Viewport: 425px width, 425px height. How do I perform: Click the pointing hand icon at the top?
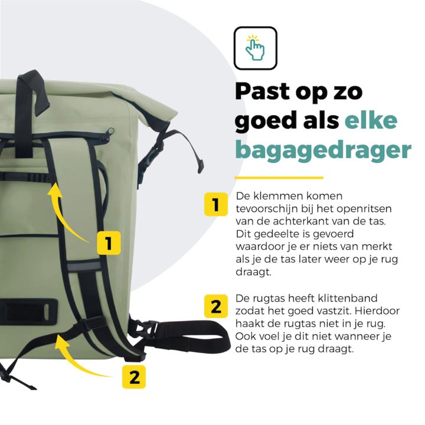[255, 48]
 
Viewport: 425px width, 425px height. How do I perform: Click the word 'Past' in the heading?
[264, 93]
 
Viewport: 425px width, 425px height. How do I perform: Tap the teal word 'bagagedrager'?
[323, 150]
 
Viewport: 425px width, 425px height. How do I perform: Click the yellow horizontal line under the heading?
[279, 177]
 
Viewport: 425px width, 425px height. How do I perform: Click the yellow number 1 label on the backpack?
[108, 242]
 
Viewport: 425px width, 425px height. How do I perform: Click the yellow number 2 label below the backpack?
[135, 377]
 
